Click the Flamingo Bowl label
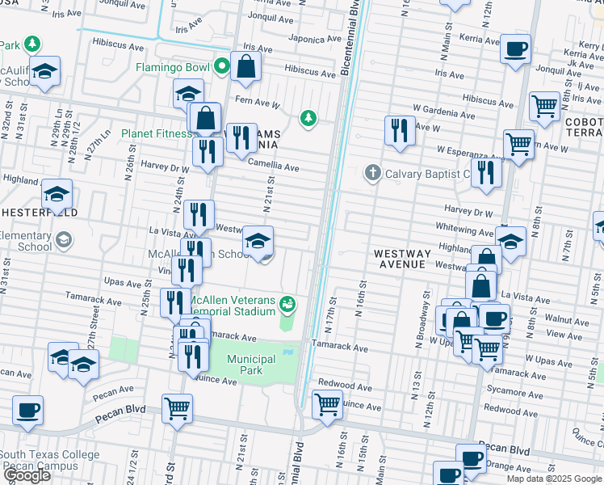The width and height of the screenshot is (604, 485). pyautogui.click(x=173, y=67)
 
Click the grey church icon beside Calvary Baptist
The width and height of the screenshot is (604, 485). pyautogui.click(x=372, y=173)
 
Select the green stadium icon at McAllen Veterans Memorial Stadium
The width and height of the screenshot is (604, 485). pyautogui.click(x=287, y=305)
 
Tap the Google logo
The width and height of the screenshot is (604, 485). pyautogui.click(x=28, y=475)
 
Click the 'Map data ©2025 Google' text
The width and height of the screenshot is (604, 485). pyautogui.click(x=554, y=479)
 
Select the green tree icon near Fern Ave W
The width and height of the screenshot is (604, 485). pyautogui.click(x=308, y=119)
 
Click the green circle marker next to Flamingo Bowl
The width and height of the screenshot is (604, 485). pyautogui.click(x=223, y=67)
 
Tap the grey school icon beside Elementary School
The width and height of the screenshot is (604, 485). pyautogui.click(x=64, y=240)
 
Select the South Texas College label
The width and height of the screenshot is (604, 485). pyautogui.click(x=50, y=455)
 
